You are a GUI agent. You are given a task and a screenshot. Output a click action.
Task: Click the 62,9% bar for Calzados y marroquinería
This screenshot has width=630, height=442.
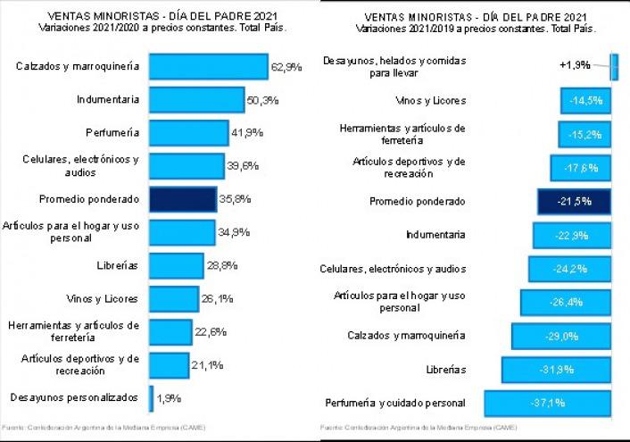(x=208, y=66)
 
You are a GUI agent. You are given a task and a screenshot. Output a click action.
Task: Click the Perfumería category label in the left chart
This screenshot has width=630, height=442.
(x=112, y=133)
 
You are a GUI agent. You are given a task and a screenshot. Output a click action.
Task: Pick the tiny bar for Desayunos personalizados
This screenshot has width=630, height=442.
(x=151, y=396)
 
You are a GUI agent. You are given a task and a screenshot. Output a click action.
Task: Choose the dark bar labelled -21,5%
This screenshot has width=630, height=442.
(x=573, y=202)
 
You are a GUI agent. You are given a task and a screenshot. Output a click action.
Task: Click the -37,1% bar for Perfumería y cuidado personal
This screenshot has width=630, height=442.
(x=546, y=403)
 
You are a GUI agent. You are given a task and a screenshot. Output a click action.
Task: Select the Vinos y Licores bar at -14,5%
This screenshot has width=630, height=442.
(x=584, y=100)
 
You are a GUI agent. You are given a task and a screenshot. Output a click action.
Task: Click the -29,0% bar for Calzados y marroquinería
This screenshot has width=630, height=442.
(x=560, y=337)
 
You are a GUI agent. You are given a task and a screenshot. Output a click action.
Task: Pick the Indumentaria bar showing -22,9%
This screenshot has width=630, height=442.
(x=570, y=236)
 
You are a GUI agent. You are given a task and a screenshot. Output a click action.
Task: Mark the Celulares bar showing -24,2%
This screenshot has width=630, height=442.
(x=568, y=269)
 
